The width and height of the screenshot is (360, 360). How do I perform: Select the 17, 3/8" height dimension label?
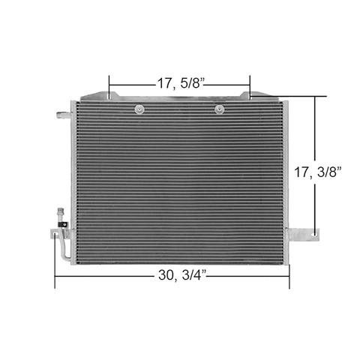(317, 172)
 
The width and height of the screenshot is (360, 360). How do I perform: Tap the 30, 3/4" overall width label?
(182, 275)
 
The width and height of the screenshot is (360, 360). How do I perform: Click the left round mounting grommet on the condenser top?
(139, 109)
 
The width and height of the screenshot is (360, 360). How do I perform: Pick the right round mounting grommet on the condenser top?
(220, 109)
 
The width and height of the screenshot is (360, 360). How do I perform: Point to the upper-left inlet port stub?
(63, 115)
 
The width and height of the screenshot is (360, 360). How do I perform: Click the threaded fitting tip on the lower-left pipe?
(61, 211)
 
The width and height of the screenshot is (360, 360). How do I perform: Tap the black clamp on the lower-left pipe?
(63, 224)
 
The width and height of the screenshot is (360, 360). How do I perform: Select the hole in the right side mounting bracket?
(315, 235)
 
